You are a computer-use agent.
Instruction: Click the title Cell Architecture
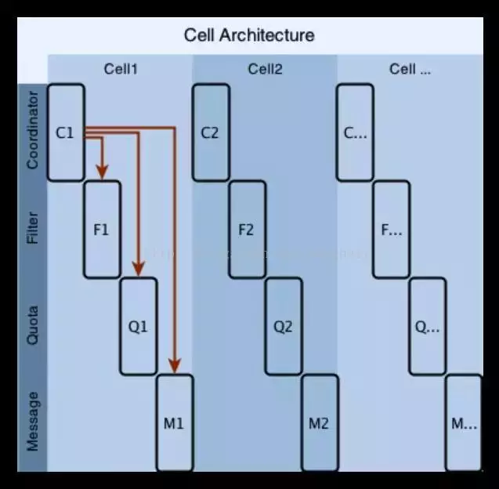(x=249, y=35)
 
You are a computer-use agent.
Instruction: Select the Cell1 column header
(x=121, y=69)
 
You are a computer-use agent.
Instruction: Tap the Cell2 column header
(x=265, y=69)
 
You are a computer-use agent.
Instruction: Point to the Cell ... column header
(x=410, y=69)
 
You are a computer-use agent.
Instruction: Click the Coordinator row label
(x=32, y=131)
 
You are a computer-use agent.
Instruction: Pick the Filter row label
(x=32, y=229)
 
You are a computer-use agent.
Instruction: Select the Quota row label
(x=32, y=326)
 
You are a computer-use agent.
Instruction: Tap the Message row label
(x=32, y=422)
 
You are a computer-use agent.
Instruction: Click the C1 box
(x=65, y=132)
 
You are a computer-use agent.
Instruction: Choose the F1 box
(x=102, y=230)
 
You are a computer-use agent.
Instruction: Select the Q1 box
(x=138, y=326)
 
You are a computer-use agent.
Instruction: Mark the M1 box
(x=174, y=423)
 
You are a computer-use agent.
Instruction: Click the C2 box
(x=210, y=132)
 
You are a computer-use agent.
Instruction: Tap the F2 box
(x=246, y=230)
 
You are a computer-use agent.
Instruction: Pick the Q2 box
(x=283, y=326)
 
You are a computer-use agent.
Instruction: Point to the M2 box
(x=319, y=423)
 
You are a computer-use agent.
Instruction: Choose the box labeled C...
(x=355, y=132)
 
